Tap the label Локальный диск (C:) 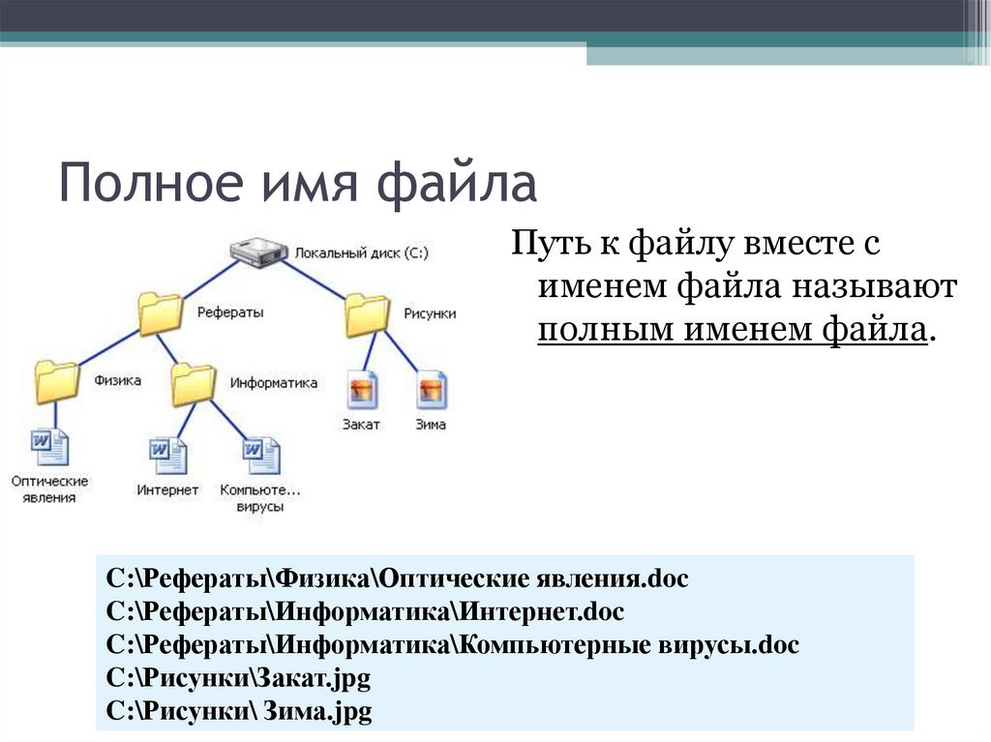click(362, 252)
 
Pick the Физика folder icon click(56, 381)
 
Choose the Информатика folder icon click(194, 383)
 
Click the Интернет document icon click(167, 455)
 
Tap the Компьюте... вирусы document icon click(260, 455)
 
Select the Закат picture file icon click(362, 390)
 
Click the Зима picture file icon click(431, 390)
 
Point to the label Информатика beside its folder click(273, 383)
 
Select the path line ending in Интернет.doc click(366, 612)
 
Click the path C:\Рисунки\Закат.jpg click(238, 679)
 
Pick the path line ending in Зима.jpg click(239, 712)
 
